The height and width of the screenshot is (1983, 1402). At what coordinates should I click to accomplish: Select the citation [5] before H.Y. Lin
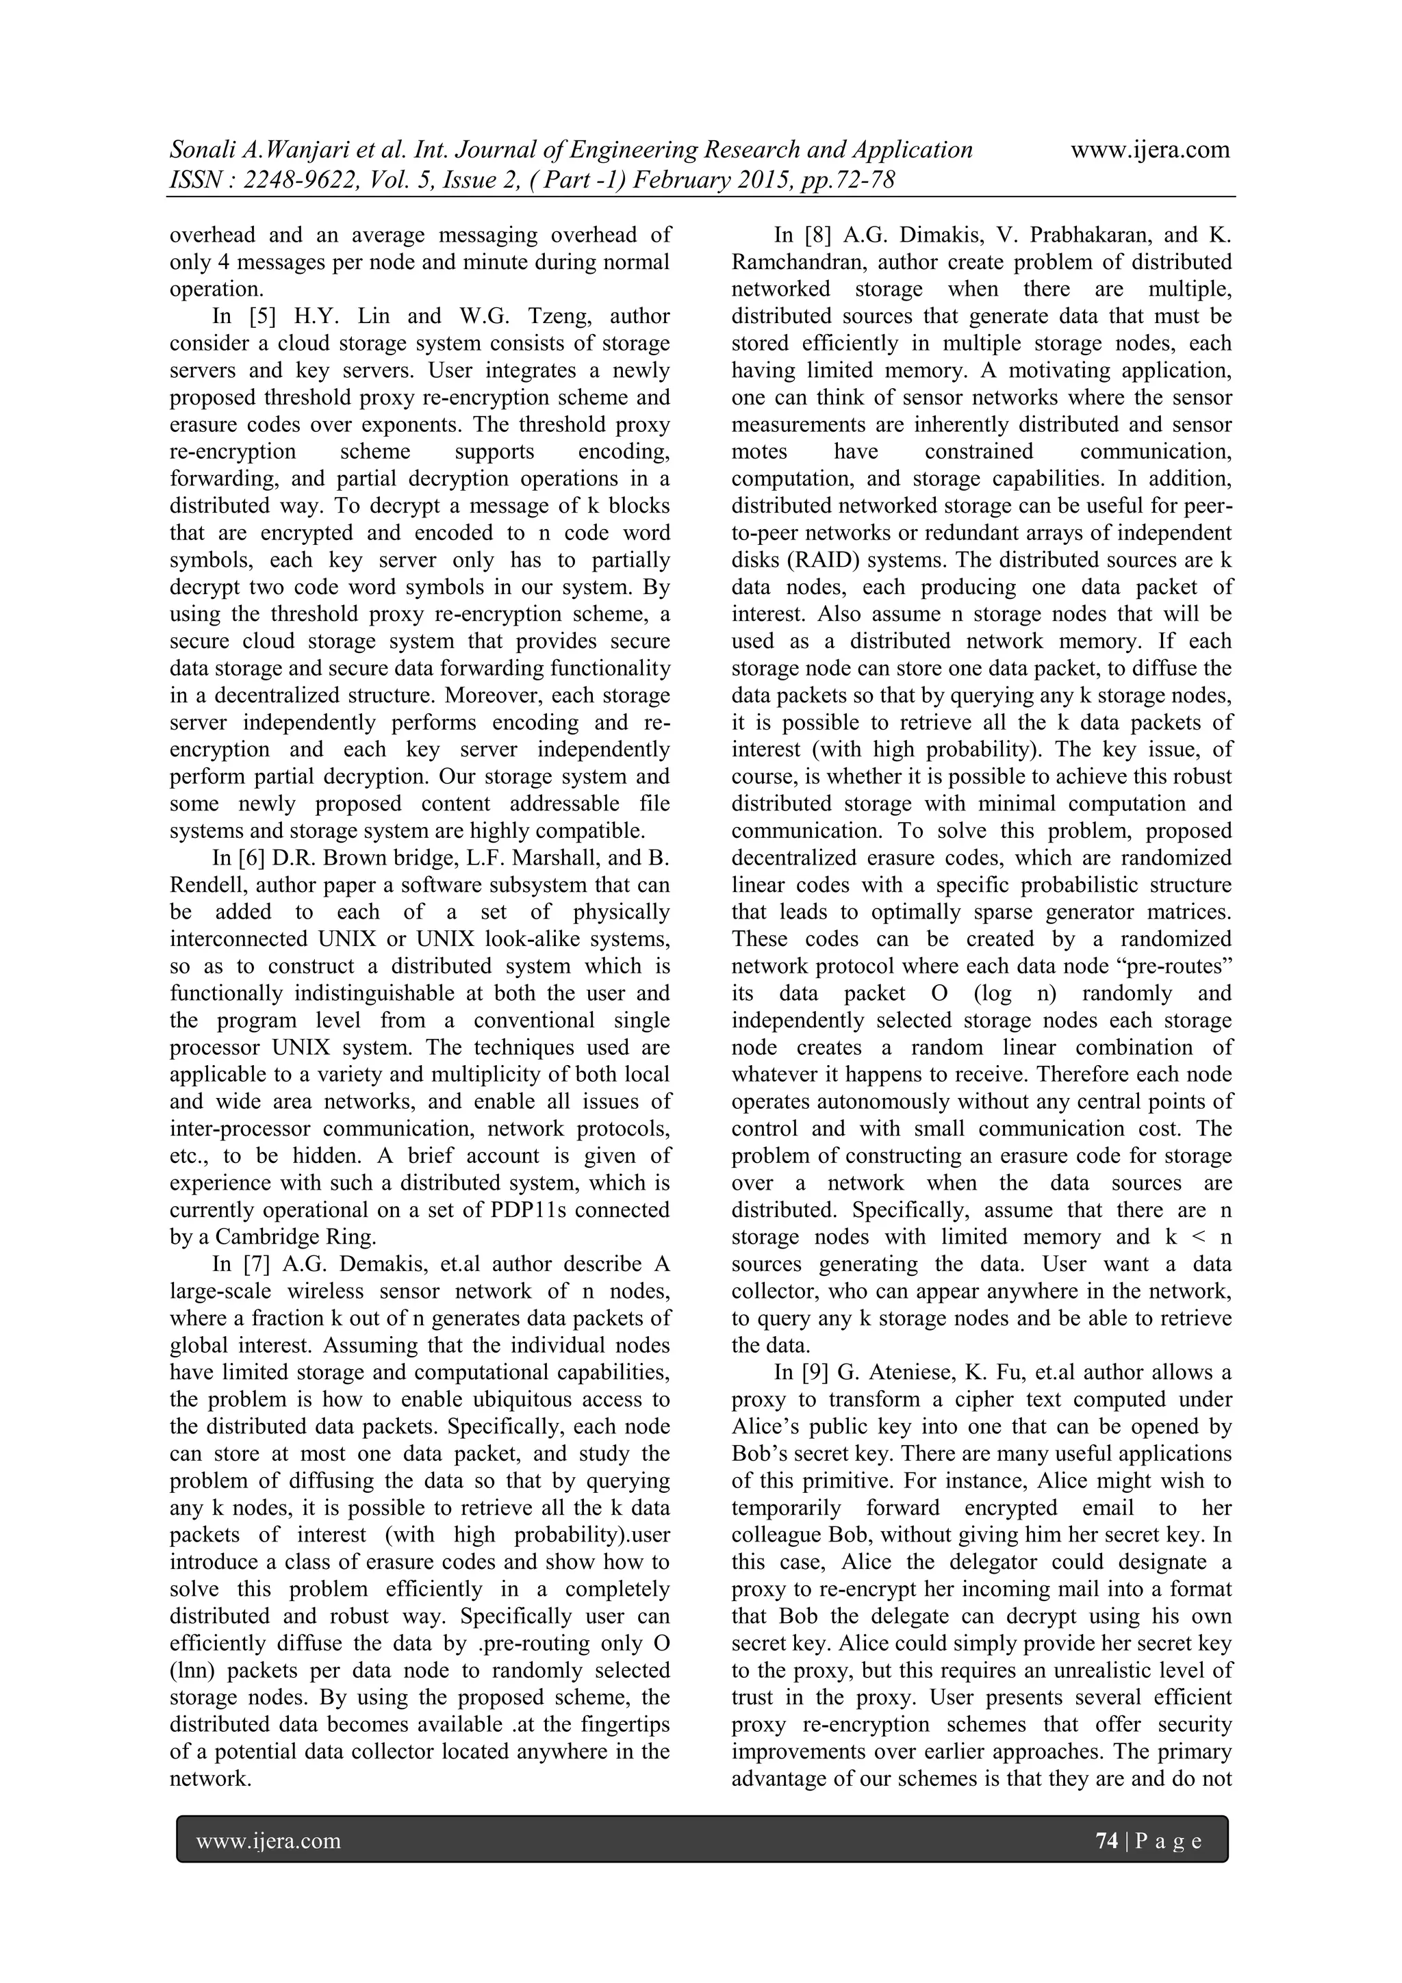point(263,316)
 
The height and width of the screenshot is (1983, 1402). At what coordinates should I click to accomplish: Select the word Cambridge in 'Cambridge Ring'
point(270,1237)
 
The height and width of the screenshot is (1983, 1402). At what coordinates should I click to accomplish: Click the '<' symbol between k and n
point(1197,1237)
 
